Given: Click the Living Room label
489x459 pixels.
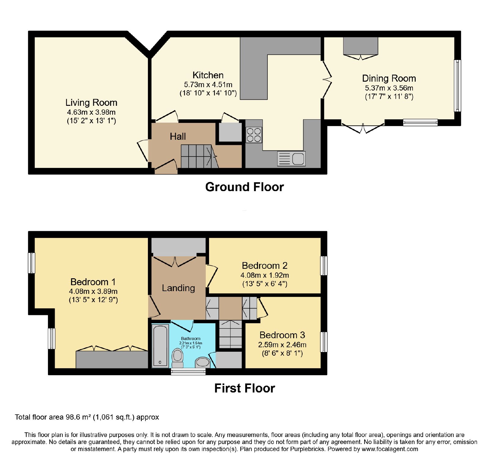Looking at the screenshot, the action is [x=91, y=102].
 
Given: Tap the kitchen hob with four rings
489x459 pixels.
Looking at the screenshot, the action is [x=254, y=135].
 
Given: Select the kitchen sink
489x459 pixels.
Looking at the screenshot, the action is [x=291, y=159].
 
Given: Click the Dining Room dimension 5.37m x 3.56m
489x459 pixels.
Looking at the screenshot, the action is [x=389, y=88].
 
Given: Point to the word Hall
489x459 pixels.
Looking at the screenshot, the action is [x=178, y=136].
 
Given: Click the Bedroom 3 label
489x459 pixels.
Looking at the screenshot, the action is [x=282, y=335].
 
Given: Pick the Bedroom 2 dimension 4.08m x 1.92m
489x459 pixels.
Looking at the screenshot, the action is [x=265, y=275].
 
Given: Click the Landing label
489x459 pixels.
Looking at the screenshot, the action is [x=178, y=288].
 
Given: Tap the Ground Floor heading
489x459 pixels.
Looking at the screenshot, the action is [x=244, y=187].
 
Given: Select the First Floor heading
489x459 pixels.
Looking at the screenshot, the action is [x=244, y=388].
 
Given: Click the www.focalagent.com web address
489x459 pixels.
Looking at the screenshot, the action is [x=390, y=449].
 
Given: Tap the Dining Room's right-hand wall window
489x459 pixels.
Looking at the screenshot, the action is [x=458, y=86].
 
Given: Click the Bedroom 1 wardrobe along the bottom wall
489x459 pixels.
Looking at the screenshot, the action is [x=112, y=360].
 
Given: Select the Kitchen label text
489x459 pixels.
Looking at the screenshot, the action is [x=208, y=75].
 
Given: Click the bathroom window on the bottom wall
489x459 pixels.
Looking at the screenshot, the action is [x=188, y=372].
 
